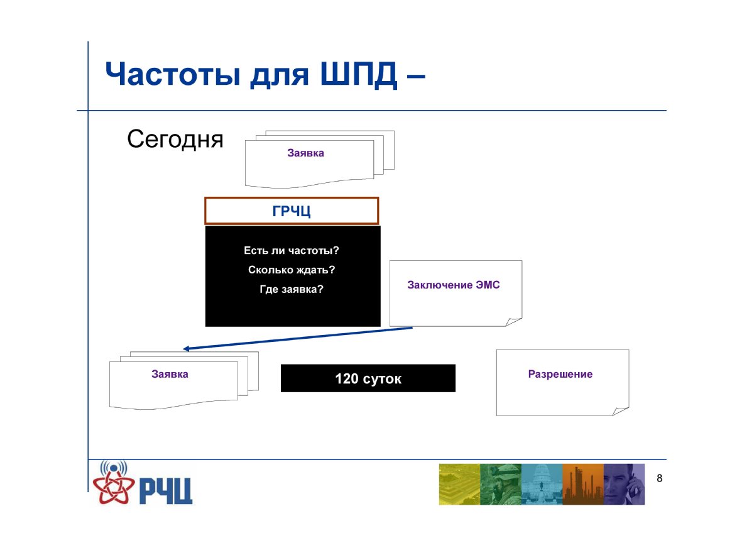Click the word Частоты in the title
tap(173, 74)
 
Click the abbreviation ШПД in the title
tap(358, 75)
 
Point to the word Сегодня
tap(175, 139)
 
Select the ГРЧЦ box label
tap(292, 211)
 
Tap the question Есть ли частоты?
tap(292, 250)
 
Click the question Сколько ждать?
tap(292, 270)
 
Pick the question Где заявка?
tap(292, 289)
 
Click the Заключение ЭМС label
tap(454, 285)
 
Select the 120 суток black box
tap(368, 378)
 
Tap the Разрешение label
tap(560, 374)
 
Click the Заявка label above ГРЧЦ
tap(305, 153)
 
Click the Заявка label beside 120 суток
tap(170, 374)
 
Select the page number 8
tap(659, 478)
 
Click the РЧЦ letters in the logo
tap(166, 491)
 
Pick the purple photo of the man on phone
tap(624, 484)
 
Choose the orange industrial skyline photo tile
tap(583, 484)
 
